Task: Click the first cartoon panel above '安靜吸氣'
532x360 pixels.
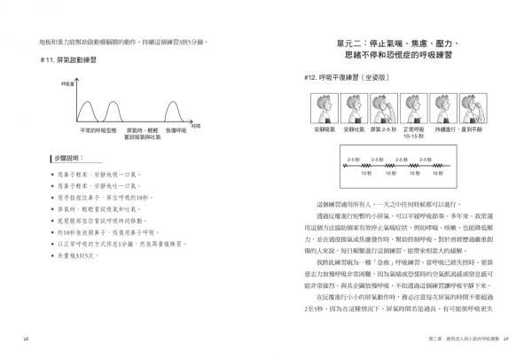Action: pyautogui.click(x=321, y=110)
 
